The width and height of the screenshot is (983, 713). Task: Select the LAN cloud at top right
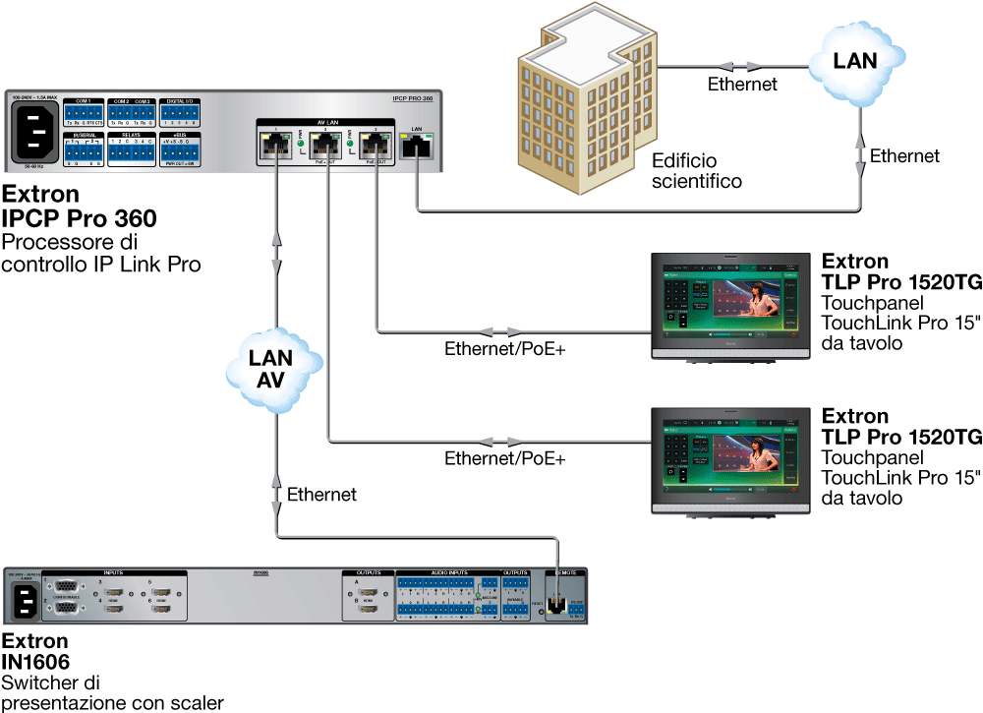(854, 65)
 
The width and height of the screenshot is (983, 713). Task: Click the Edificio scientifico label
(697, 171)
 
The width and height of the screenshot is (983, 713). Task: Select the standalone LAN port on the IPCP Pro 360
(416, 147)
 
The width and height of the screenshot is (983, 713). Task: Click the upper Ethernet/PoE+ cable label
(505, 348)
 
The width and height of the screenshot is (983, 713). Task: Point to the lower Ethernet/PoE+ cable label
(505, 458)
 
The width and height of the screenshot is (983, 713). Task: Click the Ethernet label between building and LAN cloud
(742, 85)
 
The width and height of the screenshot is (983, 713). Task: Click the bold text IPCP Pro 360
(80, 217)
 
